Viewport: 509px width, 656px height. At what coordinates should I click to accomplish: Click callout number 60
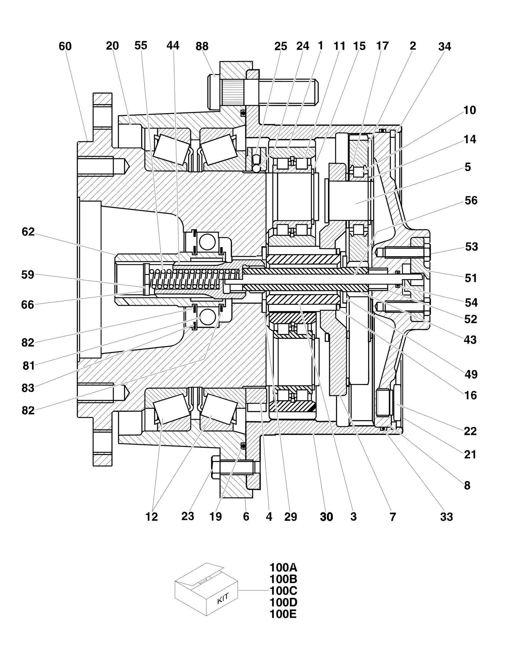click(x=65, y=46)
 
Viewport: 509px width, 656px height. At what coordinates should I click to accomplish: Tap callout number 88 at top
click(x=202, y=46)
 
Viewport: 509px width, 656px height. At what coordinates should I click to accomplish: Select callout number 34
click(x=444, y=46)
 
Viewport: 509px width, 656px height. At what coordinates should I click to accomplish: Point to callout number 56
click(x=471, y=200)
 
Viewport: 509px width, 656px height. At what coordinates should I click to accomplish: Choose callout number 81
click(x=29, y=366)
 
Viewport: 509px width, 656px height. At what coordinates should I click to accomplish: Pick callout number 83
click(x=28, y=388)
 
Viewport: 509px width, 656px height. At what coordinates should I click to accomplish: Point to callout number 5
click(x=468, y=167)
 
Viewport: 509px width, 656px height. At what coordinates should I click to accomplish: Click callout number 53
click(x=471, y=247)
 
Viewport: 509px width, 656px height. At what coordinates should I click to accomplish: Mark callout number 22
click(x=470, y=431)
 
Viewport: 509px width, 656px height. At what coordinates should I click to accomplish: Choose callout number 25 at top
click(x=281, y=46)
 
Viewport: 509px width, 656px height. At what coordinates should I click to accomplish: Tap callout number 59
click(x=28, y=275)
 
